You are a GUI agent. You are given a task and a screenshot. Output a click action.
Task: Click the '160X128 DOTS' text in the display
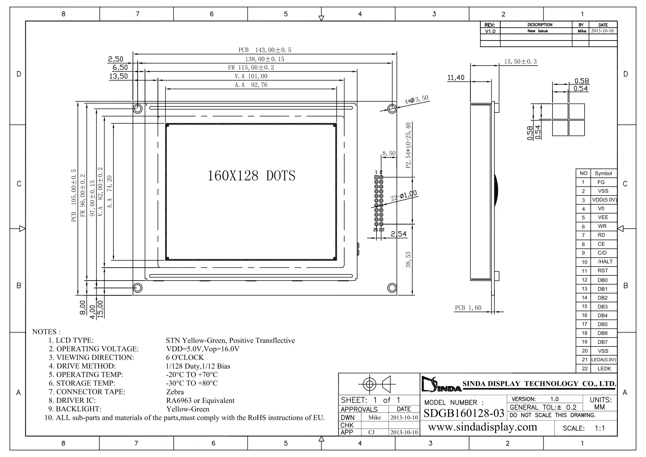(x=251, y=176)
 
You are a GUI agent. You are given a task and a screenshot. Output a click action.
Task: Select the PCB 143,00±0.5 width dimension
(x=265, y=50)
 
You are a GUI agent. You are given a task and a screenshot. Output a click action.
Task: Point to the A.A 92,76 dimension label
(x=251, y=85)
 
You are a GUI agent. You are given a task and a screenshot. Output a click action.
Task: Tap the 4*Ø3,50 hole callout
(x=417, y=99)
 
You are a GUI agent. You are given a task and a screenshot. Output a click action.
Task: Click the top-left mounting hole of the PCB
(x=138, y=109)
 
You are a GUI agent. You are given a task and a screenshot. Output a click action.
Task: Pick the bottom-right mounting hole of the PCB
(x=392, y=288)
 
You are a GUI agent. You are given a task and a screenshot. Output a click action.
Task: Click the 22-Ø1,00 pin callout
(x=404, y=196)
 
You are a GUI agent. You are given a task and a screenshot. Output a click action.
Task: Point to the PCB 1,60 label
(x=468, y=308)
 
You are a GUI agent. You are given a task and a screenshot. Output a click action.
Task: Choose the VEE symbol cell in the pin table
(x=603, y=217)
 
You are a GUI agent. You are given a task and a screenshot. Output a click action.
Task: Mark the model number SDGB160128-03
(x=464, y=413)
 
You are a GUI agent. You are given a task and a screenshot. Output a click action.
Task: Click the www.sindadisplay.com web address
(x=483, y=427)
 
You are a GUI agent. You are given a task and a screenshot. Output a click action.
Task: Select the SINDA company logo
(x=441, y=384)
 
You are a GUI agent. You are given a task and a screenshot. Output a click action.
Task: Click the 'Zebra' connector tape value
(x=175, y=392)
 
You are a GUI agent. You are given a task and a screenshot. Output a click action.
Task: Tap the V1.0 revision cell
(x=490, y=31)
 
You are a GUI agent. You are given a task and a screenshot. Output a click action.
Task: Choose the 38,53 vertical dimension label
(x=408, y=260)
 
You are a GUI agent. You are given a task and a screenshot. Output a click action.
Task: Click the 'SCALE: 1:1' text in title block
(x=584, y=428)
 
